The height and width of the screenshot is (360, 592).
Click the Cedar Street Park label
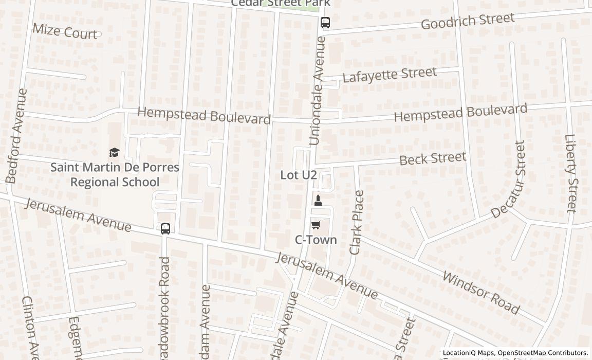(x=280, y=3)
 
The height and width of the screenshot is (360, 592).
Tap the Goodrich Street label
(x=467, y=21)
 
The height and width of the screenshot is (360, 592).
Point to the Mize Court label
(x=65, y=31)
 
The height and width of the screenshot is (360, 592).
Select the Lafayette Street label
(x=389, y=75)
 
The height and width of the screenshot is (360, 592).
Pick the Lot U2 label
(x=298, y=175)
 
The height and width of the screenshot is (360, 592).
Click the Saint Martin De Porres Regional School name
(x=115, y=174)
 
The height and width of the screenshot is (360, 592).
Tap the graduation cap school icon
(x=114, y=152)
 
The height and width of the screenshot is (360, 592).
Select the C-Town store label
(x=316, y=240)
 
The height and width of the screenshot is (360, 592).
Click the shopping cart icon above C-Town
(x=316, y=225)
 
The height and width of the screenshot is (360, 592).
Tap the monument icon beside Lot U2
(x=318, y=201)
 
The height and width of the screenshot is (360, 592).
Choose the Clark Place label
(x=356, y=222)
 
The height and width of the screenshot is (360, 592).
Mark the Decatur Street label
(x=509, y=179)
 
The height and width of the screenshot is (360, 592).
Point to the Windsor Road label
(x=481, y=293)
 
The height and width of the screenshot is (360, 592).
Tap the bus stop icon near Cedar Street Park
(x=325, y=23)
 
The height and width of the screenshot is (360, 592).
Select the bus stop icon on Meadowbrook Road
(x=165, y=229)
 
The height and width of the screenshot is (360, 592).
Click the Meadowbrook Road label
(x=164, y=309)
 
